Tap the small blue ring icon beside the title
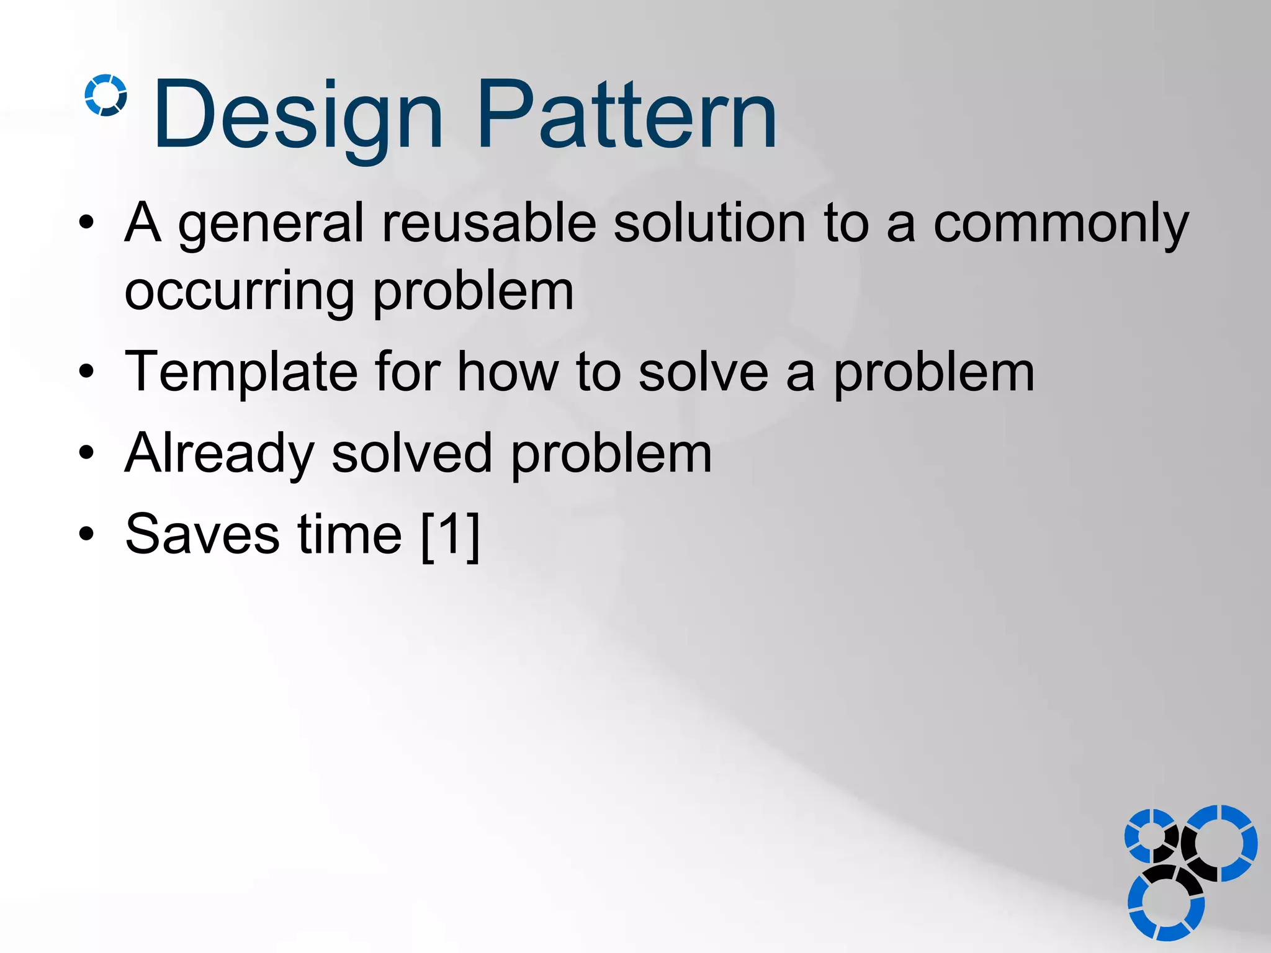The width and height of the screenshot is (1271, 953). pyautogui.click(x=106, y=95)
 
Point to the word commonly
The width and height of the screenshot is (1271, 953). pyautogui.click(x=1061, y=225)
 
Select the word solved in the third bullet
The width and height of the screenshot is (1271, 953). pyautogui.click(x=412, y=454)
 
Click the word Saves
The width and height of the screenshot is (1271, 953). pyautogui.click(x=202, y=534)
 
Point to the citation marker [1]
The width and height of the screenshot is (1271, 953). pyautogui.click(x=451, y=535)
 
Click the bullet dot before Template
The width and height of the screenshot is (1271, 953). pyautogui.click(x=86, y=372)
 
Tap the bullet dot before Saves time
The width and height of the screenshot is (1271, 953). pyautogui.click(x=86, y=534)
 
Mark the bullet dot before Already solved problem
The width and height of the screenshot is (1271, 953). pyautogui.click(x=86, y=454)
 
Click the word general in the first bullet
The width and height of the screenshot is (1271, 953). pyautogui.click(x=271, y=225)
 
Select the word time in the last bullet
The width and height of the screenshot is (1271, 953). pyautogui.click(x=350, y=534)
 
